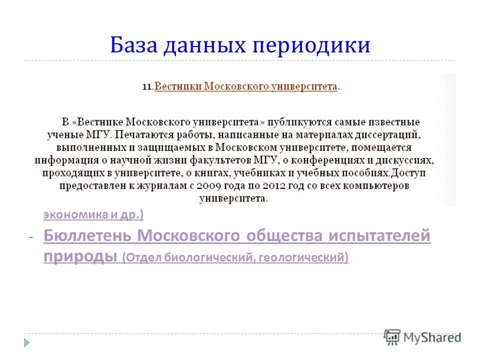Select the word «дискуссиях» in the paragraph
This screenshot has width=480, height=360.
406,160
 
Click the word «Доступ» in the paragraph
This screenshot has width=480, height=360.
408,173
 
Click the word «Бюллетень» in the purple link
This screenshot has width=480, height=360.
87,235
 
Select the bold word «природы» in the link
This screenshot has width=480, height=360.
80,256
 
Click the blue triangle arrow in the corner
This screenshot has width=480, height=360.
27,342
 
